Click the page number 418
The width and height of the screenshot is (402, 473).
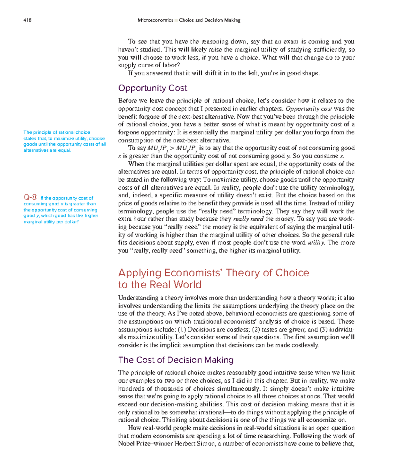pos(27,20)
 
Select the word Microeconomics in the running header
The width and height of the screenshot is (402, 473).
pos(155,20)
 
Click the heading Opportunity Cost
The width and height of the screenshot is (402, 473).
pos(152,88)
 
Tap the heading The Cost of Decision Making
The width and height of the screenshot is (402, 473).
pos(176,360)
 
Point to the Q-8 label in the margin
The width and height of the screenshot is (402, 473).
pos(30,197)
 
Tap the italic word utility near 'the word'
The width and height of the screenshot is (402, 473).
pos(316,243)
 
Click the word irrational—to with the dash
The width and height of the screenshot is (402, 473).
pos(214,412)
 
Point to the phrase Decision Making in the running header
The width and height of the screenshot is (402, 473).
pos(222,20)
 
